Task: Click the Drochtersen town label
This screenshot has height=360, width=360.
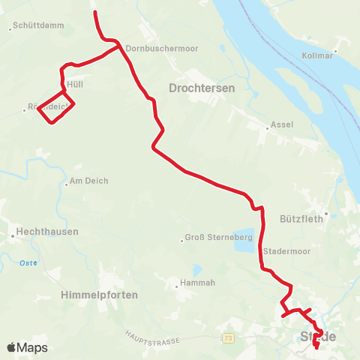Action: click(x=202, y=88)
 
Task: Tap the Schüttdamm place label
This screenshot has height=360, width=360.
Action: click(x=38, y=25)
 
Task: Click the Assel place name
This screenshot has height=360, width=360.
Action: click(x=283, y=124)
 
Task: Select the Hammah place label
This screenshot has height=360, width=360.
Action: click(x=197, y=283)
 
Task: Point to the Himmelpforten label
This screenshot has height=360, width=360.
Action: click(x=100, y=295)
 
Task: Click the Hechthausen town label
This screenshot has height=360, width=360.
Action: click(x=47, y=232)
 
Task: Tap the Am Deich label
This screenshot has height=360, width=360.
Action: click(x=88, y=181)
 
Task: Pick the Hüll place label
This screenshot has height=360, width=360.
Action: click(x=74, y=85)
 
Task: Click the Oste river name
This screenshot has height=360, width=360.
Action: click(x=28, y=262)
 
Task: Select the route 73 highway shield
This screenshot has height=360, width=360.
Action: click(x=229, y=340)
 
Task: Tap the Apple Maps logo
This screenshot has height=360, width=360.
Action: click(x=27, y=347)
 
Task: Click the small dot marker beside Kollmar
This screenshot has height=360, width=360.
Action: click(x=335, y=51)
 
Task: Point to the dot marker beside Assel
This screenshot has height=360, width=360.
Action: click(x=268, y=128)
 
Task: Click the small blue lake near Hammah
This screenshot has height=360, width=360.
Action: click(x=196, y=268)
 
